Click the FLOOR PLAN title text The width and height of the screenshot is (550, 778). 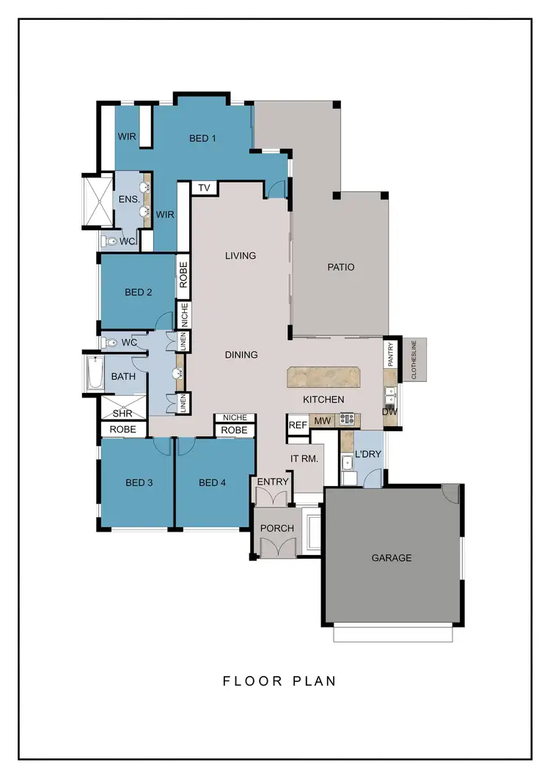(279, 681)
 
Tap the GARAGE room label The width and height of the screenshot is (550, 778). (392, 558)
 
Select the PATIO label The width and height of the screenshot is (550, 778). (341, 268)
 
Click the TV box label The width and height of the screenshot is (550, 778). (205, 188)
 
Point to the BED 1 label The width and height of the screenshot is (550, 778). (202, 138)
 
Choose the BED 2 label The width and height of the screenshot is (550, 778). (138, 292)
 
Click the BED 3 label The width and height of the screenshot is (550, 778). (139, 482)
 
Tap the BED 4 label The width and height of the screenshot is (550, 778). (213, 482)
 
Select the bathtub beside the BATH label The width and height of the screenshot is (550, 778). (92, 374)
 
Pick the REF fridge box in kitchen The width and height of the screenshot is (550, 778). (298, 425)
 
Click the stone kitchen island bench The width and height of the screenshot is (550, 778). (325, 377)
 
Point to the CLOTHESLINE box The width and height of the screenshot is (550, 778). (414, 360)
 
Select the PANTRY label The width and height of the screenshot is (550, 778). (391, 355)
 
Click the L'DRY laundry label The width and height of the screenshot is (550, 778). (367, 454)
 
